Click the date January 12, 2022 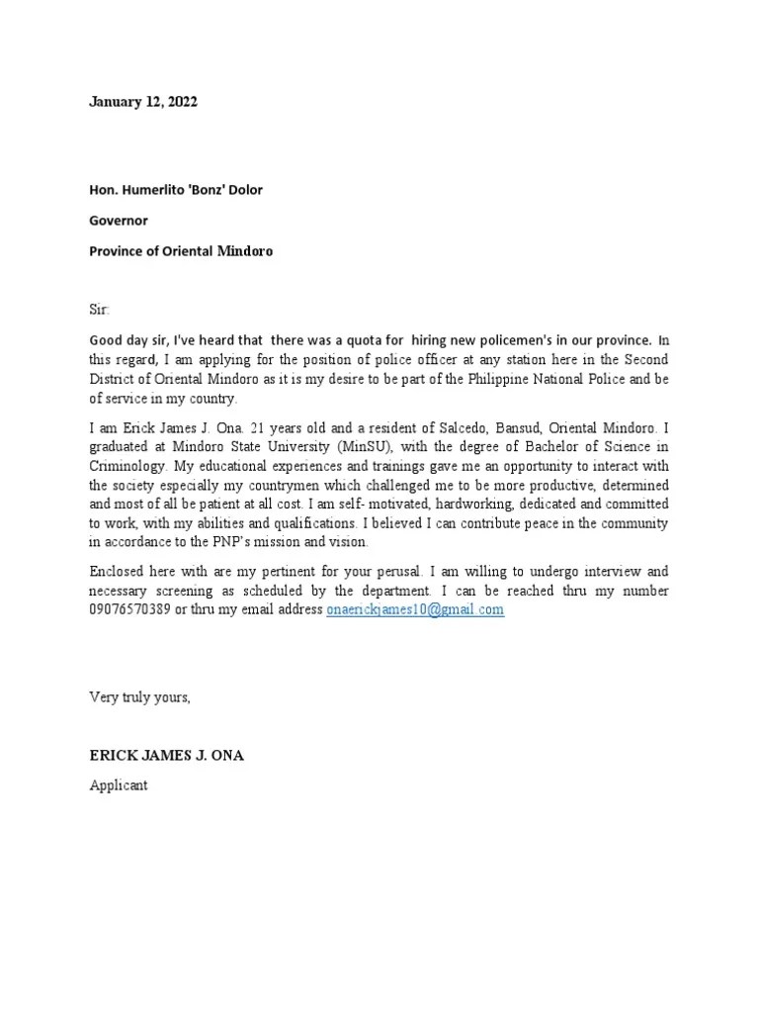(142, 101)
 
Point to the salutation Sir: (101, 310)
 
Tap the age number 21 (259, 428)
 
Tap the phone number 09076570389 (129, 609)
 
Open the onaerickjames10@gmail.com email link (415, 609)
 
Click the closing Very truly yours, (139, 697)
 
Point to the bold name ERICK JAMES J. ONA (167, 756)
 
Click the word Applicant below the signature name (119, 785)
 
